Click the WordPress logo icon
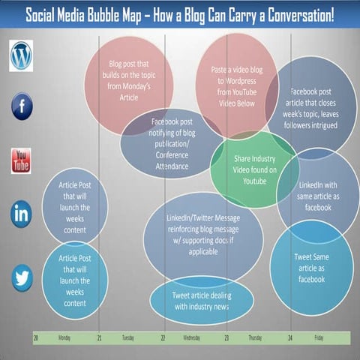[x=21, y=55]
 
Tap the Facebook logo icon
[x=21, y=106]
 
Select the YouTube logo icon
[x=21, y=160]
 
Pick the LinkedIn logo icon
[x=21, y=214]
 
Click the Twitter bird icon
[x=21, y=279]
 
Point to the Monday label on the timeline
[x=64, y=338]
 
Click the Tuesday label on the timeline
[x=128, y=338]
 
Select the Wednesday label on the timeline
[x=192, y=338]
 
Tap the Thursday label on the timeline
[x=255, y=338]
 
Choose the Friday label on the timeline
[x=319, y=338]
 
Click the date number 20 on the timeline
[x=36, y=338]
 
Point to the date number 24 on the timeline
[x=289, y=338]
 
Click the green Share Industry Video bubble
[x=255, y=169]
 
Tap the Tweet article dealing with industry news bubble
[x=202, y=301]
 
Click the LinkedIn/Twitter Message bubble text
[x=203, y=235]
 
